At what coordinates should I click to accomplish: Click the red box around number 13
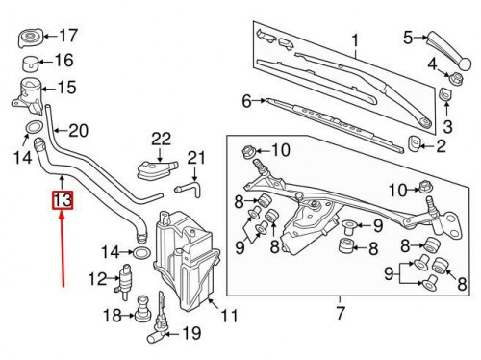click(63, 200)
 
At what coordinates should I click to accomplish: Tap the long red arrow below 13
click(62, 248)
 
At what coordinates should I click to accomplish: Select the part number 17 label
click(68, 36)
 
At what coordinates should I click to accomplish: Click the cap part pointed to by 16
click(31, 64)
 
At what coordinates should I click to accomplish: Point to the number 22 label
click(161, 140)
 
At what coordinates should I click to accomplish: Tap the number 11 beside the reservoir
click(230, 316)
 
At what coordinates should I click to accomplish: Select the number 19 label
click(191, 333)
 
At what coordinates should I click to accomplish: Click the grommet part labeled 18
click(142, 309)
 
